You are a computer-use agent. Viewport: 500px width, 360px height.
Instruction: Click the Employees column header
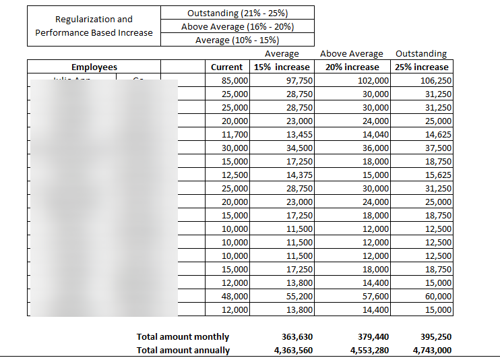94,67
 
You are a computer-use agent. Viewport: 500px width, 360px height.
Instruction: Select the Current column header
226,67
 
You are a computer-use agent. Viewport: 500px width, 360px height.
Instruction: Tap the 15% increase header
281,67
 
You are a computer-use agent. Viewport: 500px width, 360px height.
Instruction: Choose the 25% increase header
422,67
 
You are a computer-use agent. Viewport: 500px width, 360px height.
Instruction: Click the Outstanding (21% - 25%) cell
237,13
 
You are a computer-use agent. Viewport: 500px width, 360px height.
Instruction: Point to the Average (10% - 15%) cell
237,40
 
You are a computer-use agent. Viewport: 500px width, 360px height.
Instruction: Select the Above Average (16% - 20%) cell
237,26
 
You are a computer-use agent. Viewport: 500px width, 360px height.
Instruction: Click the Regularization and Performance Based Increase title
94,26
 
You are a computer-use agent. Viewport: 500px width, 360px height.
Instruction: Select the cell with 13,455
297,134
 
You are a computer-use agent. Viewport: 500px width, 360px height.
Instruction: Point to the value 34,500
297,148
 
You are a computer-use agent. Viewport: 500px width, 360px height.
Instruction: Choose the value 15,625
436,175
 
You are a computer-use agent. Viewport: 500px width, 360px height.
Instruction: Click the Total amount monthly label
183,336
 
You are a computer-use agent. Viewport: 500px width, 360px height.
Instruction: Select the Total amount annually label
183,350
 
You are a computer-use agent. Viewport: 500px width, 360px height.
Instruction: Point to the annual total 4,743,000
432,350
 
